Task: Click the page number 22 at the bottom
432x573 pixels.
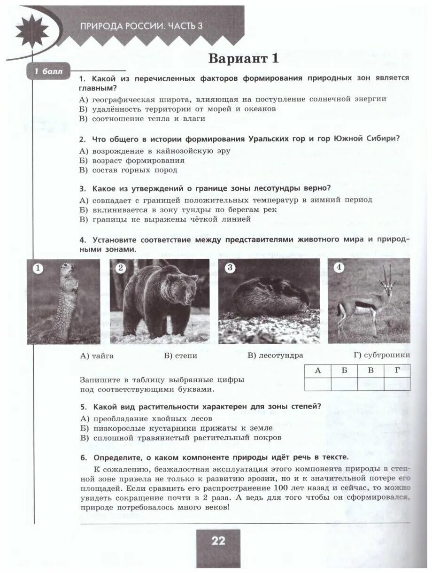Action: pos(218,541)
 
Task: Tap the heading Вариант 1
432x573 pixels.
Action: pos(243,59)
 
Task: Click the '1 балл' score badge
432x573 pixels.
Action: pos(49,72)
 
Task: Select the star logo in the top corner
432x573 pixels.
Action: pos(31,31)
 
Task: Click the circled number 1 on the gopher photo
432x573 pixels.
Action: pos(38,269)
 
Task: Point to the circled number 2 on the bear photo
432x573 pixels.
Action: pos(121,268)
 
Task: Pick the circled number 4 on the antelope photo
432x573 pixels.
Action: pos(339,268)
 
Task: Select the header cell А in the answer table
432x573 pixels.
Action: pos(317,371)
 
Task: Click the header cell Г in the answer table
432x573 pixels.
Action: pos(397,371)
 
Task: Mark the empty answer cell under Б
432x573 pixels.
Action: pos(344,384)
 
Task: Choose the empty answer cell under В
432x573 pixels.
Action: pos(370,384)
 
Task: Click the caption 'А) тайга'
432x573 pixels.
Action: pos(97,356)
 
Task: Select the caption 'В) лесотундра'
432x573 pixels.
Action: pos(275,356)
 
